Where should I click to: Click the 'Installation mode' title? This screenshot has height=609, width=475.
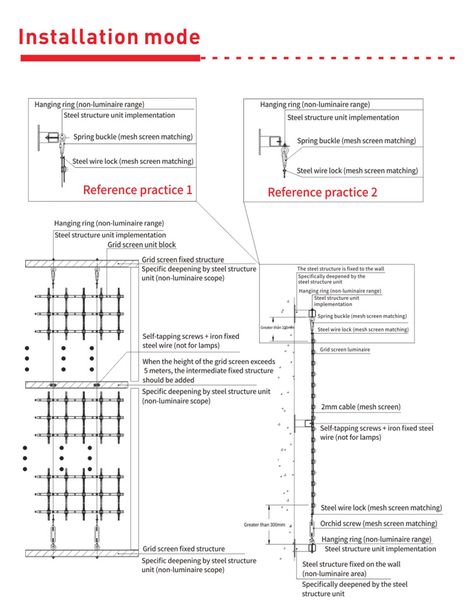tap(110, 37)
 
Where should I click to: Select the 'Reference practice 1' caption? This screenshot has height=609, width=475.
tap(137, 189)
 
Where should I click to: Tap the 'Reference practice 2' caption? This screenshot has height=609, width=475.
tap(322, 191)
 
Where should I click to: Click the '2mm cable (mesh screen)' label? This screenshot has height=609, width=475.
tap(360, 407)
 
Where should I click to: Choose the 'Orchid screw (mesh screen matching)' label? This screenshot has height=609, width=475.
tap(378, 523)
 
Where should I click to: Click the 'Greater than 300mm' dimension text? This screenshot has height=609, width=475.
tap(265, 525)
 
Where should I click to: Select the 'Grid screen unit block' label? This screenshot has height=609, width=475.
tap(141, 245)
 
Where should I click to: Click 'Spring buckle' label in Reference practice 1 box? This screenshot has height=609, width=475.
tap(133, 136)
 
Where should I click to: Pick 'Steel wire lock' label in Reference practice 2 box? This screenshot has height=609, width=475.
tap(357, 170)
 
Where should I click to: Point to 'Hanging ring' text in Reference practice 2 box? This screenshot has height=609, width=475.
tap(315, 105)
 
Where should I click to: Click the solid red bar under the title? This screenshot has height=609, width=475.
tap(110, 58)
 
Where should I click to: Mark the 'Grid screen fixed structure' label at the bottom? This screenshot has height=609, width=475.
tap(183, 549)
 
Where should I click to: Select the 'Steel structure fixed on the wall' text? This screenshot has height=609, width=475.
tap(351, 563)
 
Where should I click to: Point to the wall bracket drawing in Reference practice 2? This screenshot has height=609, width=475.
tap(269, 140)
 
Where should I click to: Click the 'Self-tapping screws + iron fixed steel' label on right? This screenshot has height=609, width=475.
tap(377, 428)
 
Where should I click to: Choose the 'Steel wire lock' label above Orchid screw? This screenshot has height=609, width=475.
tap(381, 508)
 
